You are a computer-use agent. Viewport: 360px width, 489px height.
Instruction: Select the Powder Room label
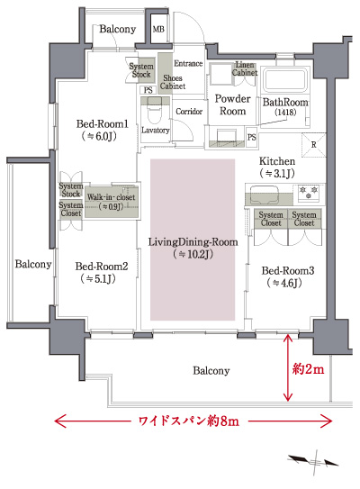click(x=229, y=104)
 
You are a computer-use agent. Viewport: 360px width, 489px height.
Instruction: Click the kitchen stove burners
click(x=310, y=192)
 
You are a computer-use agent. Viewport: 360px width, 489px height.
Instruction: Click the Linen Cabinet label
click(x=246, y=68)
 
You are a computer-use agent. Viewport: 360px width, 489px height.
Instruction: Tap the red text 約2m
click(x=308, y=369)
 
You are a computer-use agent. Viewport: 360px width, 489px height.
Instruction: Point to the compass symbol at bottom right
click(x=314, y=461)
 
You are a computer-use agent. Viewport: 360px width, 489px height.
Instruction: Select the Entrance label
click(x=189, y=63)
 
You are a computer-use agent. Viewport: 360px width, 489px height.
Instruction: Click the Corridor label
click(x=190, y=112)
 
